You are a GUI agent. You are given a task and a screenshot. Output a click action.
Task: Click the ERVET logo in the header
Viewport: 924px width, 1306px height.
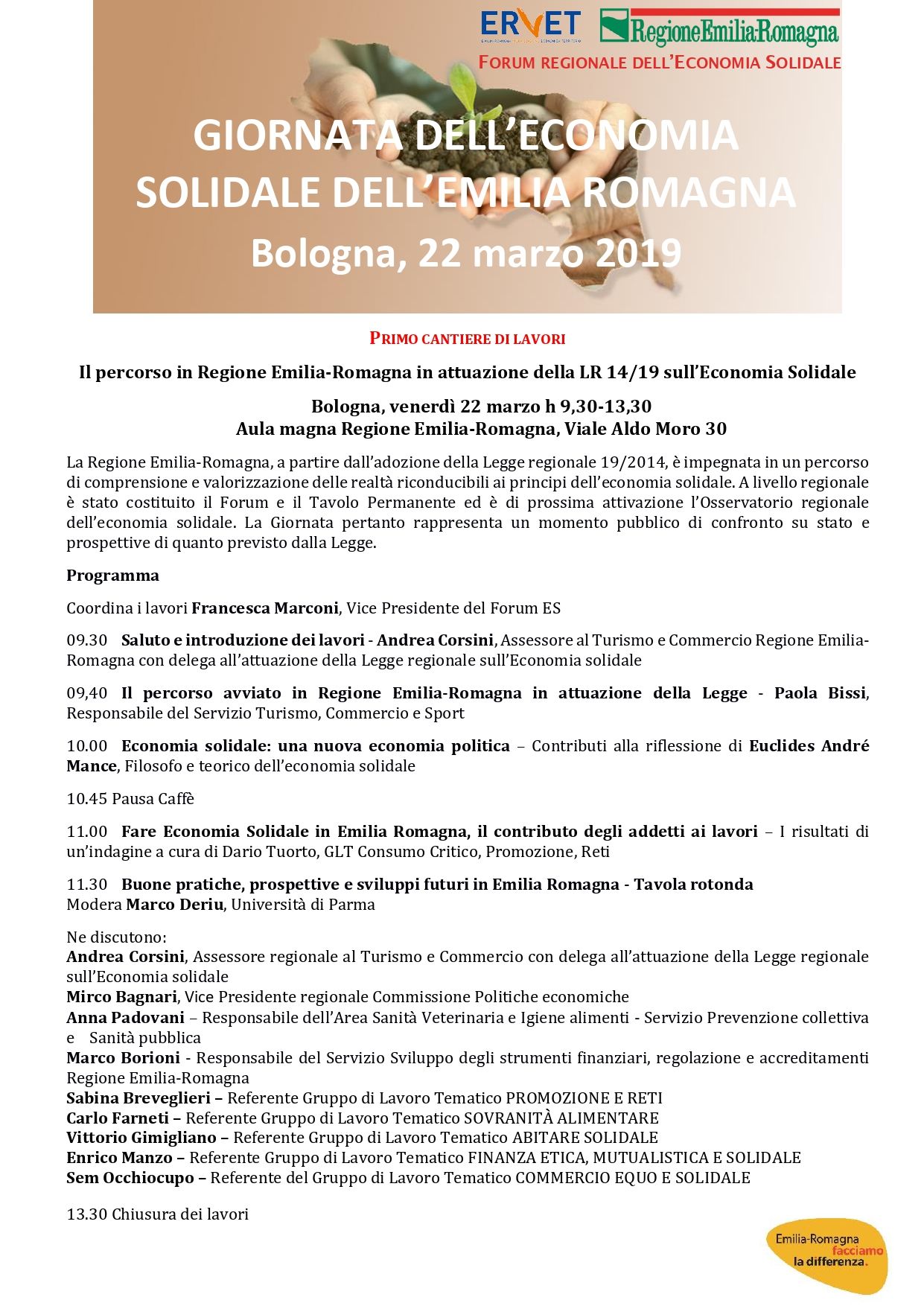coord(530,27)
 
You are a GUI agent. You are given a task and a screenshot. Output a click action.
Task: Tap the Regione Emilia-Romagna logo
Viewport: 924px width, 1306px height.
coord(719,28)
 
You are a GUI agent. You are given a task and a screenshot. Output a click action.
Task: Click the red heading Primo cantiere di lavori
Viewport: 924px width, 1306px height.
coord(468,339)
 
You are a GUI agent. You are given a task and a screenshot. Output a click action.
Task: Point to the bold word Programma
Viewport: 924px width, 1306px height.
coord(112,576)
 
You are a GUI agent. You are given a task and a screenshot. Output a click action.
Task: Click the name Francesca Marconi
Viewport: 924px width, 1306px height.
coord(265,608)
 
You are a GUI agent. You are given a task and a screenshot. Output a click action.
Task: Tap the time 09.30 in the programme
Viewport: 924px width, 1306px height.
coord(86,640)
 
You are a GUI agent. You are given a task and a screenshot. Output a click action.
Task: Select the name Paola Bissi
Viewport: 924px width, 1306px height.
coord(820,693)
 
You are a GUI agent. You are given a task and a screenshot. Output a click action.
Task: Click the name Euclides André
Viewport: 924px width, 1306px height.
coord(809,746)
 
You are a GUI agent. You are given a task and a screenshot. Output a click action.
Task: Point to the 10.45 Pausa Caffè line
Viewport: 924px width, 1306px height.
coord(130,799)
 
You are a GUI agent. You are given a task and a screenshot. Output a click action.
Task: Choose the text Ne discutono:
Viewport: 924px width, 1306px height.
coord(116,937)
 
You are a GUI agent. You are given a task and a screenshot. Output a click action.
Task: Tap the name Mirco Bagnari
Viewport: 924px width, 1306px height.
coord(122,997)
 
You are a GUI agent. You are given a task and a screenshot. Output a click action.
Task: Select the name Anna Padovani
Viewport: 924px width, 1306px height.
coord(125,1018)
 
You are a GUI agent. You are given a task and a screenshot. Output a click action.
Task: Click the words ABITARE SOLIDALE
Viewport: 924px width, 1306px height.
coord(584,1138)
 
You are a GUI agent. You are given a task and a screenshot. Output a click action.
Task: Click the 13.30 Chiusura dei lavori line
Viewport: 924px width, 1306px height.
coord(157,1214)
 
